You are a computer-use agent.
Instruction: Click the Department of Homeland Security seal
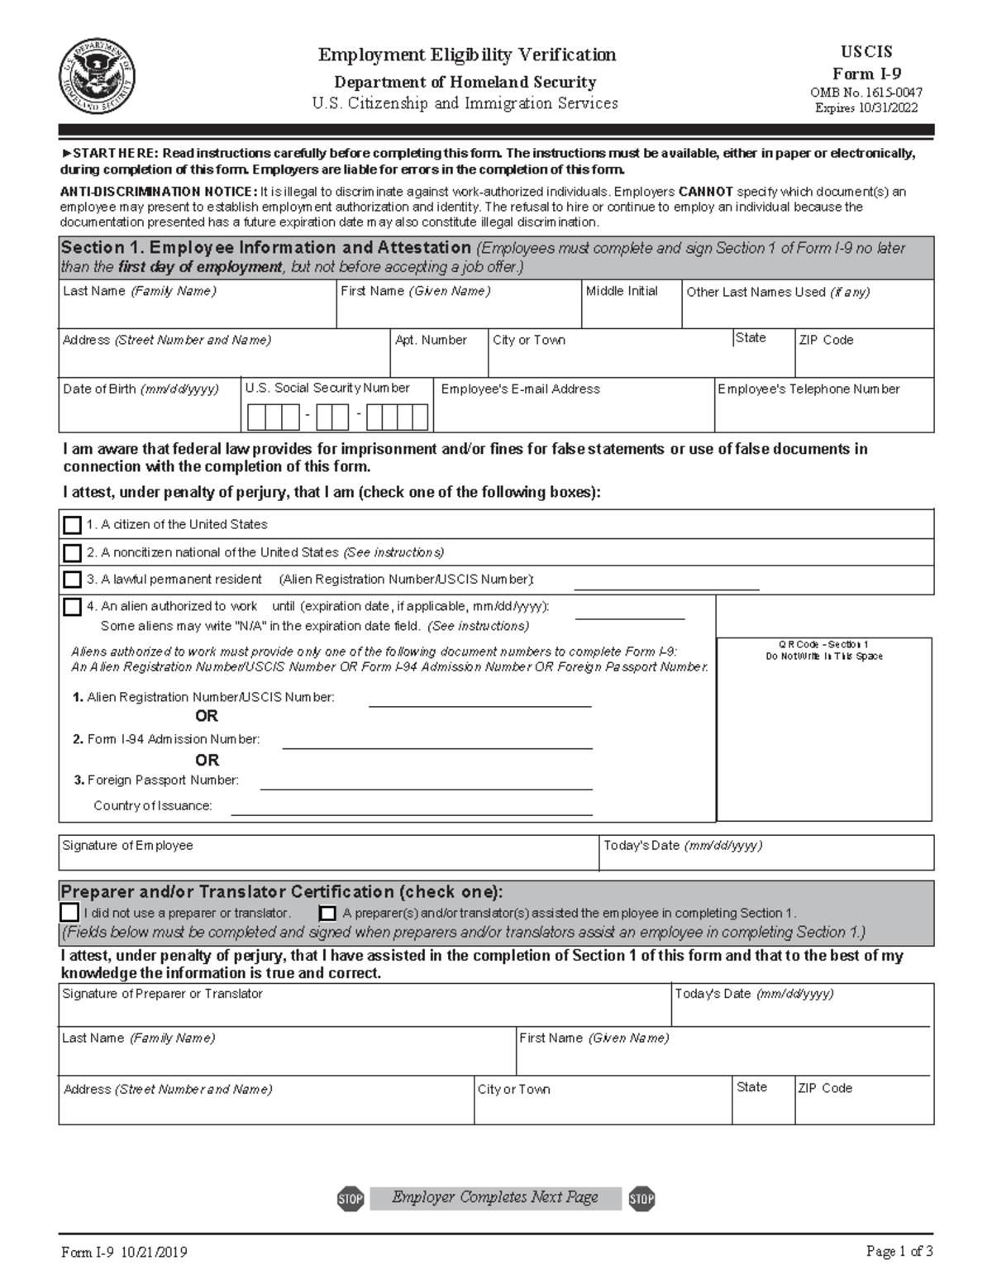[x=96, y=79]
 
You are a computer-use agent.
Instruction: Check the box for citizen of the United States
[x=73, y=525]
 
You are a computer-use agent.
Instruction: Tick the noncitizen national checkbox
[x=73, y=553]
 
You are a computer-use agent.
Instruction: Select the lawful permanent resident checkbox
[x=73, y=580]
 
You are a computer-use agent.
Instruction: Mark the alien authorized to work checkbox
[x=73, y=608]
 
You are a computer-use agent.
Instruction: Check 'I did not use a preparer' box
[x=69, y=913]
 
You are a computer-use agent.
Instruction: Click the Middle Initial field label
[x=622, y=291]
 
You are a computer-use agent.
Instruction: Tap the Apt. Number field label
[x=431, y=340]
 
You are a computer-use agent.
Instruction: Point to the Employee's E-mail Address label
[x=521, y=389]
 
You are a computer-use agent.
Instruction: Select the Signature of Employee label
[x=127, y=845]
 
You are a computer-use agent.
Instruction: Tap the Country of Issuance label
[x=153, y=805]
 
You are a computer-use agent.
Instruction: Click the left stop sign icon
[x=351, y=1198]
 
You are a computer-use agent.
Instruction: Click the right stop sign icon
[x=641, y=1198]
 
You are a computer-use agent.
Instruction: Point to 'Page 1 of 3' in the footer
[x=899, y=1252]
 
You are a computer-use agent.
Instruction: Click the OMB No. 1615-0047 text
[x=866, y=93]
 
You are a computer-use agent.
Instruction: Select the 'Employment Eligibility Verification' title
[x=467, y=55]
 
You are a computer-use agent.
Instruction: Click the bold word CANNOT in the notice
[x=705, y=192]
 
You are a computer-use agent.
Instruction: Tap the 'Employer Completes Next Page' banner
[x=495, y=1197]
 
